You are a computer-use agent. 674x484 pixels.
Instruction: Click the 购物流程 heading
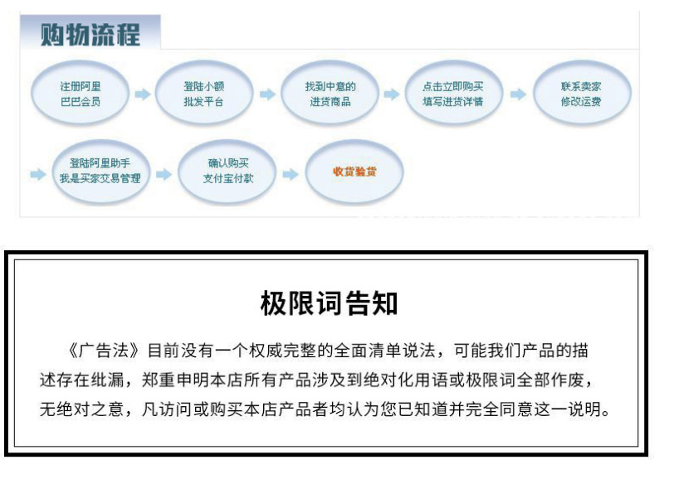(90, 35)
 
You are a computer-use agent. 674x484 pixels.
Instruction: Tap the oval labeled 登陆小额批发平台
(203, 94)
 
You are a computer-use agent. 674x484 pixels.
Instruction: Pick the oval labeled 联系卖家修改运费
(580, 94)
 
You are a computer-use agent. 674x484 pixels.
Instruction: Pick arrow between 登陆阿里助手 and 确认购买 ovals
(164, 175)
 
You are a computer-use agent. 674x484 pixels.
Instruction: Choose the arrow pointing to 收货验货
(290, 175)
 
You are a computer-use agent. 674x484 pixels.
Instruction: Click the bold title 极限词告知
(329, 303)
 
